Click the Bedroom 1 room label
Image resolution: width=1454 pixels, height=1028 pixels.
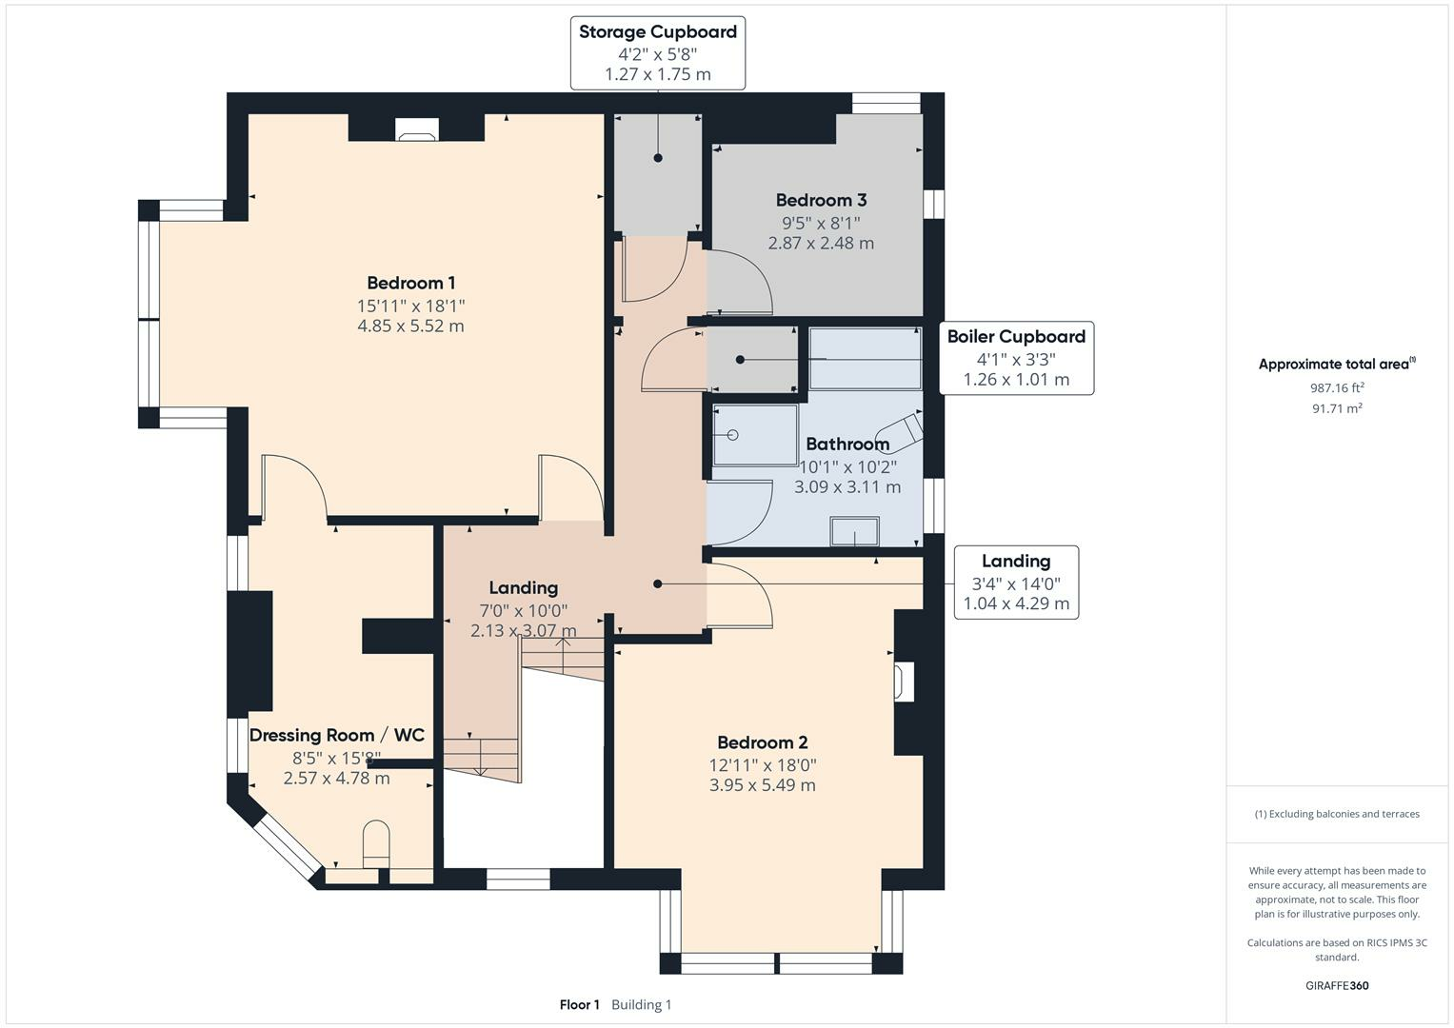pos(411,283)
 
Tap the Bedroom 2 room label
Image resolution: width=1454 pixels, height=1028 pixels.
pos(762,741)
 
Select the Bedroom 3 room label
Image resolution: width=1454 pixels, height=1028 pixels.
pos(821,200)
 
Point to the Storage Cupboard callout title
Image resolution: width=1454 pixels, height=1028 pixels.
pos(658,31)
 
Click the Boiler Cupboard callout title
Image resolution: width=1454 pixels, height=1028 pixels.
pos(1016,336)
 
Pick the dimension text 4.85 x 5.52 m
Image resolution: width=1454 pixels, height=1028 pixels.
pos(411,326)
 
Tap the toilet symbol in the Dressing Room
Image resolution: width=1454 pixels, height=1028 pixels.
pos(376,844)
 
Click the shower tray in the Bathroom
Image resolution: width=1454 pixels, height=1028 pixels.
pos(755,436)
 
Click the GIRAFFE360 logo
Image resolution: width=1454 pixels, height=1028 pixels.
pos(1337,985)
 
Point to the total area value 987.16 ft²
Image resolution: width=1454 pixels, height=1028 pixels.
pos(1337,387)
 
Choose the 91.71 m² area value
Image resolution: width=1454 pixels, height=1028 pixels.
pos(1337,408)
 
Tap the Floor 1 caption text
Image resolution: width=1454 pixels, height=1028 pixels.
pos(579,1004)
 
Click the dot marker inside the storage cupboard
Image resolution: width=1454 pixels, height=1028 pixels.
pos(658,158)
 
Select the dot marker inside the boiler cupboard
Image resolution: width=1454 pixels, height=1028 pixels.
pos(740,360)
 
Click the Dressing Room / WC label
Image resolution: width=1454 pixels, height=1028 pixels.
pos(337,735)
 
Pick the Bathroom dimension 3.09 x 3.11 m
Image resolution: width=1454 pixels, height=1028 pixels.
pos(847,486)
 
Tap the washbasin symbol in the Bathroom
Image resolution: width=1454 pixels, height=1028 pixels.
pos(855,531)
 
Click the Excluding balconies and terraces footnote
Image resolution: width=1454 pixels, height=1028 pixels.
pos(1337,814)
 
